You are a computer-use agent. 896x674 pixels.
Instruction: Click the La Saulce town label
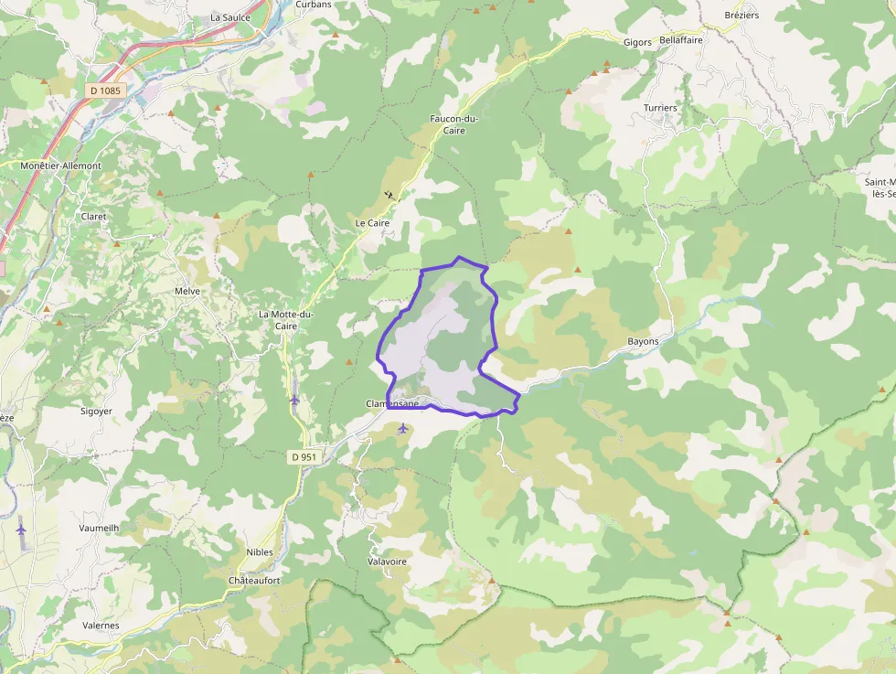pyautogui.click(x=230, y=17)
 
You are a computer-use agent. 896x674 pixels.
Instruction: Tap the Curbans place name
pyautogui.click(x=314, y=5)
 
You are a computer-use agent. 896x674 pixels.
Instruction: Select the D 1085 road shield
pyautogui.click(x=105, y=91)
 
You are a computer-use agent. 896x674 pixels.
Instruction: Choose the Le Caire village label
pyautogui.click(x=372, y=223)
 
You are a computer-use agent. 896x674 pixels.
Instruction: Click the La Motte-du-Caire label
pyautogui.click(x=286, y=319)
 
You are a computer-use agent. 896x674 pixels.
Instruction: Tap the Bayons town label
pyautogui.click(x=643, y=341)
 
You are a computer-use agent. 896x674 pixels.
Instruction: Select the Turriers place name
pyautogui.click(x=660, y=108)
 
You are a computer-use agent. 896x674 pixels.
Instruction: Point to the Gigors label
pyautogui.click(x=637, y=43)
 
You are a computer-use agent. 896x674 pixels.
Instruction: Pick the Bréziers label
pyautogui.click(x=741, y=16)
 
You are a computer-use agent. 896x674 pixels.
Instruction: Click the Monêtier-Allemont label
pyautogui.click(x=61, y=166)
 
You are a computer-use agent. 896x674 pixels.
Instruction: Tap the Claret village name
pyautogui.click(x=93, y=217)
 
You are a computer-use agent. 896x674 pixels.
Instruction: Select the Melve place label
pyautogui.click(x=187, y=291)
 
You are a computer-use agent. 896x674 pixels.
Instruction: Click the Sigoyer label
pyautogui.click(x=96, y=412)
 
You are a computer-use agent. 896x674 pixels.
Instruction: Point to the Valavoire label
pyautogui.click(x=386, y=561)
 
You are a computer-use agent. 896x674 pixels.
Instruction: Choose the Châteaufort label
pyautogui.click(x=254, y=581)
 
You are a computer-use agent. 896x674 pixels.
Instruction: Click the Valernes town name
pyautogui.click(x=101, y=626)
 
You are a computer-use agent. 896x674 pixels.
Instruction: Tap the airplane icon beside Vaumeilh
pyautogui.click(x=21, y=529)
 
